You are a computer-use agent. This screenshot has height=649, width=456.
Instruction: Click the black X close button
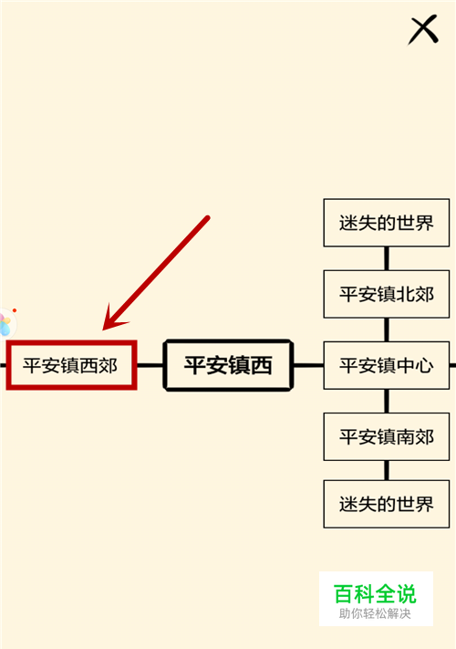point(423,29)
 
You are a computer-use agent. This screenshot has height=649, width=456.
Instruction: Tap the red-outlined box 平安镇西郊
point(71,365)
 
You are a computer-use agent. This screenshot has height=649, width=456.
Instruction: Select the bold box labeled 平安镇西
point(228,365)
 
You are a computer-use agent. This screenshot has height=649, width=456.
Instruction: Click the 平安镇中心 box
point(386,365)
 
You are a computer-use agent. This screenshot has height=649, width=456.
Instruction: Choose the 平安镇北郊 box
point(386,294)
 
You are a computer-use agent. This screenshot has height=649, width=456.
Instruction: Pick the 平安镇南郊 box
point(386,436)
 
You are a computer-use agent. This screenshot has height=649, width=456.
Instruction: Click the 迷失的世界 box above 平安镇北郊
point(386,223)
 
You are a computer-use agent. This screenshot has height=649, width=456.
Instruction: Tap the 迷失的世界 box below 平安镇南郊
point(386,504)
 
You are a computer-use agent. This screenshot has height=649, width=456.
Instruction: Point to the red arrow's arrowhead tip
point(103,330)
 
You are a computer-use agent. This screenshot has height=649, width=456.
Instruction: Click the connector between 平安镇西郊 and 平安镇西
point(150,365)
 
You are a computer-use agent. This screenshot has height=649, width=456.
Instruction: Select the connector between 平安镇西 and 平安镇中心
point(308,365)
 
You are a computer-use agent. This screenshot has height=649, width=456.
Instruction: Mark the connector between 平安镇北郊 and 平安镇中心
point(387,330)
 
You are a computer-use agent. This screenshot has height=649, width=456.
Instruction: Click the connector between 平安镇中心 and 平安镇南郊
point(387,401)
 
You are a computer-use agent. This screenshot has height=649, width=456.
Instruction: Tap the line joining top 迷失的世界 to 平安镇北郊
point(387,258)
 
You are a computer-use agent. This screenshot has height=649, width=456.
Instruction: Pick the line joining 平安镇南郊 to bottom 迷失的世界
point(387,470)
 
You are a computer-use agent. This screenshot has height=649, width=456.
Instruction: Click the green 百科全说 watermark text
point(375,594)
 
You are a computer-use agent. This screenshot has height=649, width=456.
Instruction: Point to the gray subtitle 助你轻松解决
point(375,613)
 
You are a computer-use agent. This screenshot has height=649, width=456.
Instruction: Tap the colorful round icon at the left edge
point(5,324)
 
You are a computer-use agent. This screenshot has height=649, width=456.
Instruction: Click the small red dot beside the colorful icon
point(15,310)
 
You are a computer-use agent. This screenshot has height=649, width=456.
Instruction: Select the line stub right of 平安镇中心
point(452,365)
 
